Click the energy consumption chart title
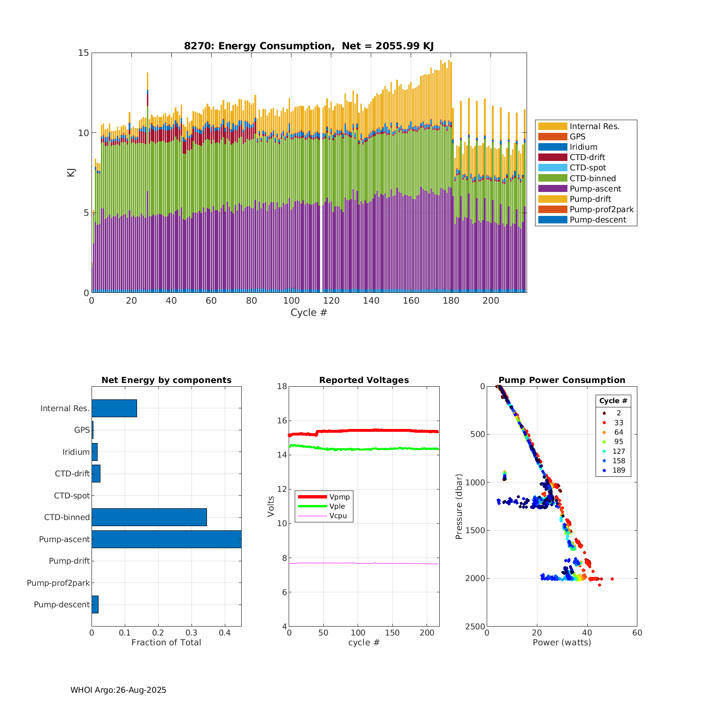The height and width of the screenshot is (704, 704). point(309,46)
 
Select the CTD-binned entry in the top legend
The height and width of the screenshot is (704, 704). point(593,178)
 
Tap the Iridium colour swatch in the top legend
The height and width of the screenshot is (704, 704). point(552,147)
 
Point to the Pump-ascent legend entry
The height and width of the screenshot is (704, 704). point(595,189)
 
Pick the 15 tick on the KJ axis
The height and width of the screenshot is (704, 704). point(84,53)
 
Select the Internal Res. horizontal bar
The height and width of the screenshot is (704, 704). point(114,408)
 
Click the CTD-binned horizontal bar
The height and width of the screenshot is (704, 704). point(149,517)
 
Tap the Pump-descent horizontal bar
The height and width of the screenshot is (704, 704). point(95,605)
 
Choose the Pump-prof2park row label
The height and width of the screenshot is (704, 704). point(58,583)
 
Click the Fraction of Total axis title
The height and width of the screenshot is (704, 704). point(166,643)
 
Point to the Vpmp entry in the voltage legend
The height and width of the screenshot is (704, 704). point(339,497)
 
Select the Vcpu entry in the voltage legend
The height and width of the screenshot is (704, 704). point(338,516)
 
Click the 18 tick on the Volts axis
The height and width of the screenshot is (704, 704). point(282,387)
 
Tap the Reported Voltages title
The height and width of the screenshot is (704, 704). point(364,380)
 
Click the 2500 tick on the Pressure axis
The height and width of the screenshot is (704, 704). point(474,627)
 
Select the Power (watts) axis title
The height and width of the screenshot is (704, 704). point(562,643)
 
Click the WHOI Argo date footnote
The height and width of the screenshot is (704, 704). point(118,690)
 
